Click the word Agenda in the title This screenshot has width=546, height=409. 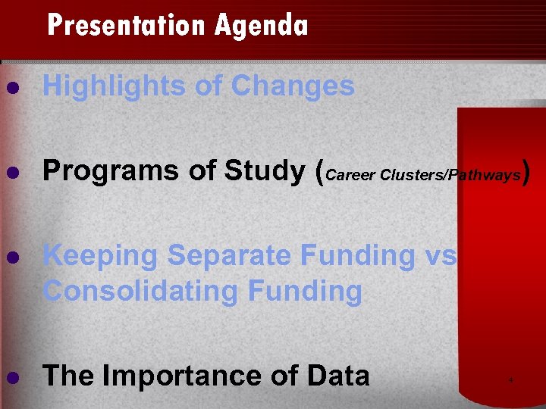pyautogui.click(x=261, y=27)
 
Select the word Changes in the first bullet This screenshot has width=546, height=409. pyautogui.click(x=293, y=87)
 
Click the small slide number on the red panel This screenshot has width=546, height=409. pyautogui.click(x=511, y=379)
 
